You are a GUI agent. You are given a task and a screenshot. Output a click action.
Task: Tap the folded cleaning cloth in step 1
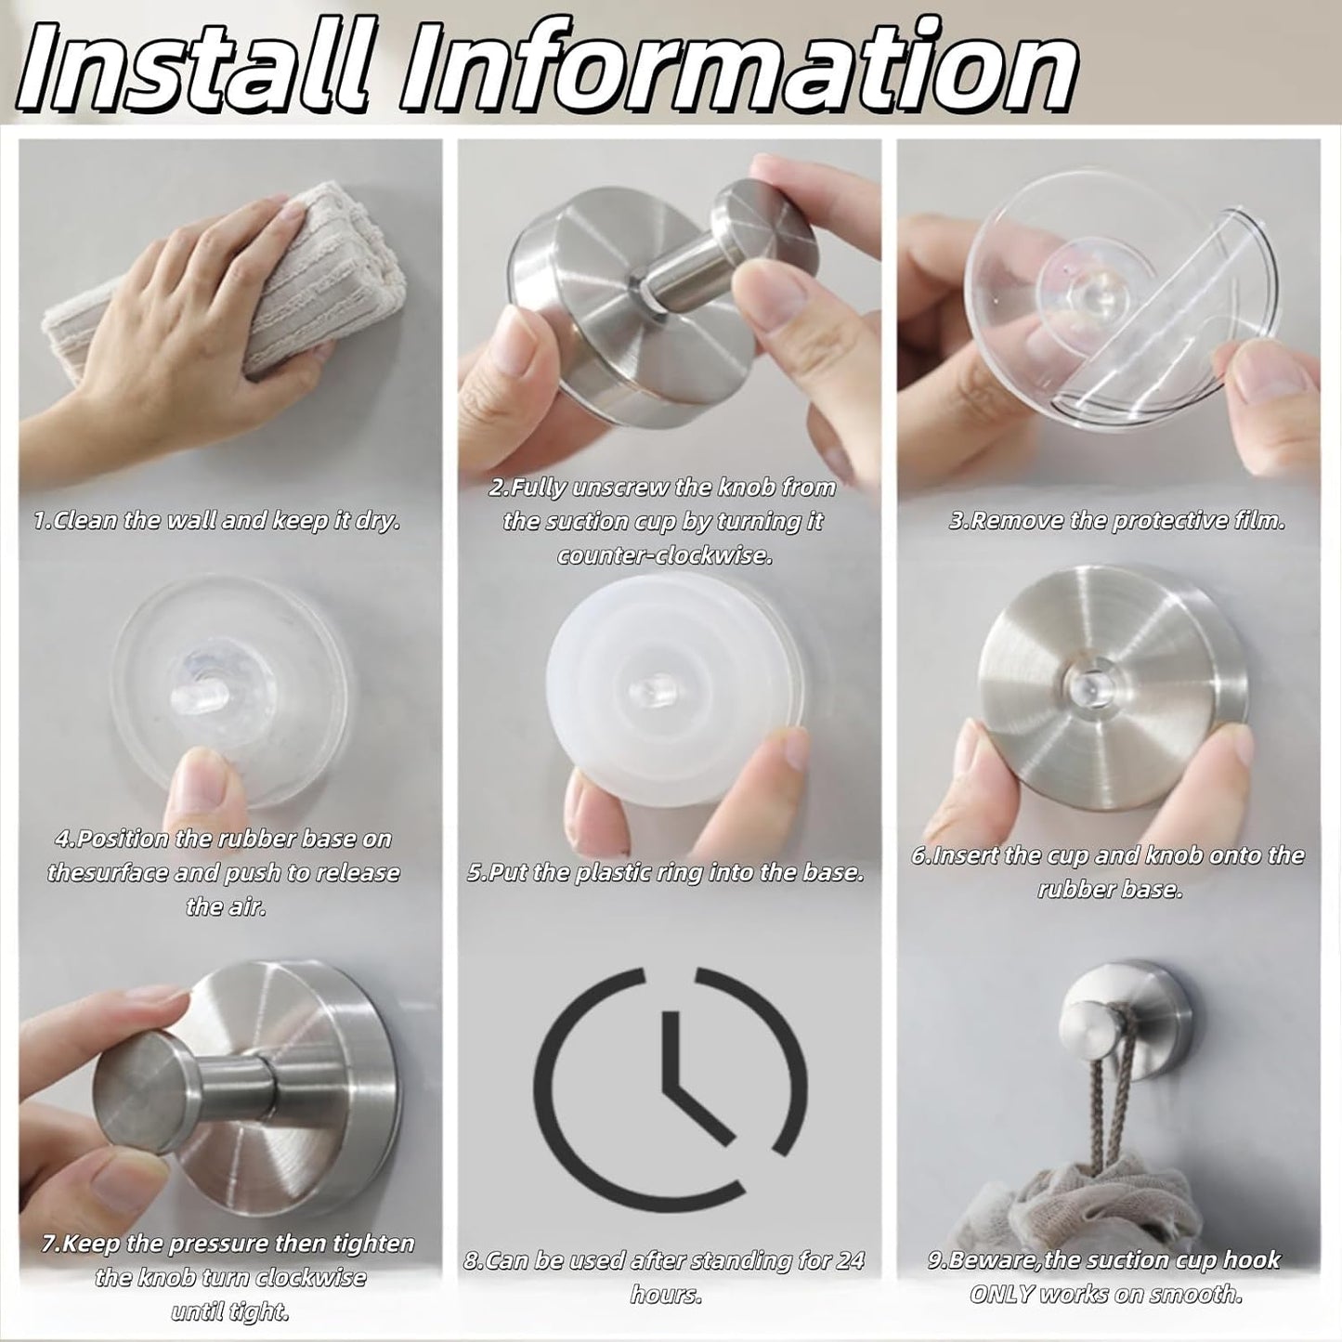click(x=200, y=297)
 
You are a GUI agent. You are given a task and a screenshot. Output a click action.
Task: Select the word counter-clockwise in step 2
click(x=665, y=555)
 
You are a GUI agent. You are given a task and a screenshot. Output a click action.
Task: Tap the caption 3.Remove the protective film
click(x=1116, y=520)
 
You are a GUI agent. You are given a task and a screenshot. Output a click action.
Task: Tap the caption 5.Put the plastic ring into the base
click(x=665, y=873)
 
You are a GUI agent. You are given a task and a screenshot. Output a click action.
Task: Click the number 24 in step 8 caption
click(x=844, y=1260)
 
